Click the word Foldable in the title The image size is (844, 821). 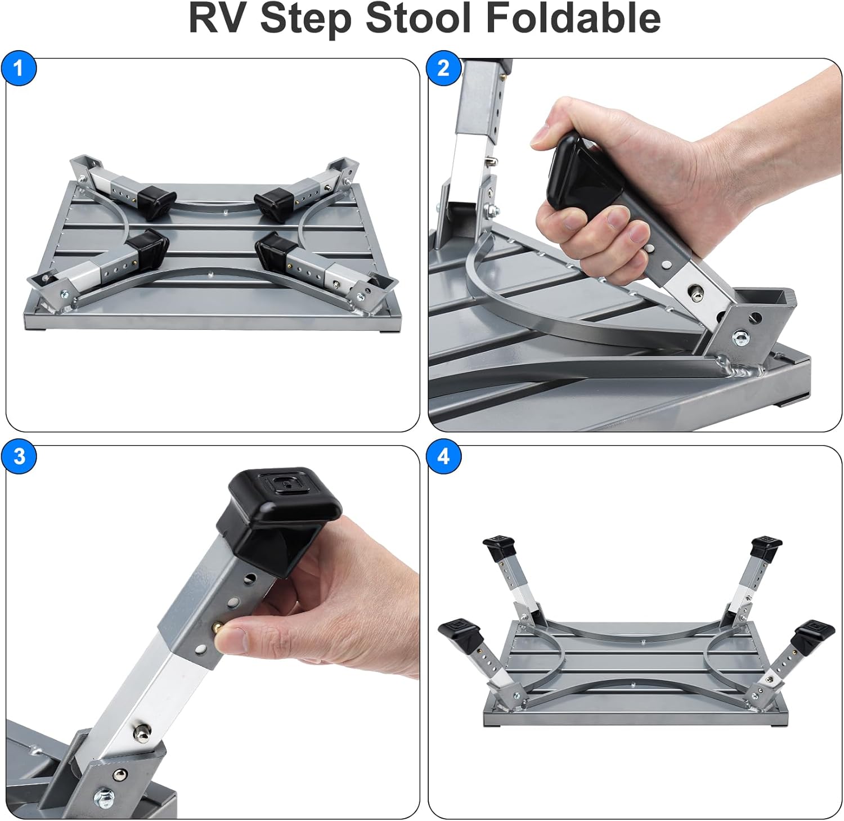[x=573, y=18]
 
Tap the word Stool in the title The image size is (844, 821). [x=418, y=18]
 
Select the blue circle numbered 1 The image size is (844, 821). [x=19, y=69]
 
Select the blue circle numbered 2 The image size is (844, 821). [x=444, y=69]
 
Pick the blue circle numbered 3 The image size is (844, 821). [x=19, y=456]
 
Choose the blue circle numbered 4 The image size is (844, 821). [x=444, y=456]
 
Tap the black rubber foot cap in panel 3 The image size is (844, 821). [x=280, y=506]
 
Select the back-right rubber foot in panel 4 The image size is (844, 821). [x=767, y=548]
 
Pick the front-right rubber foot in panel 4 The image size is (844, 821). [x=813, y=633]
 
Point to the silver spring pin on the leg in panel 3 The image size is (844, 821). [x=141, y=731]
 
